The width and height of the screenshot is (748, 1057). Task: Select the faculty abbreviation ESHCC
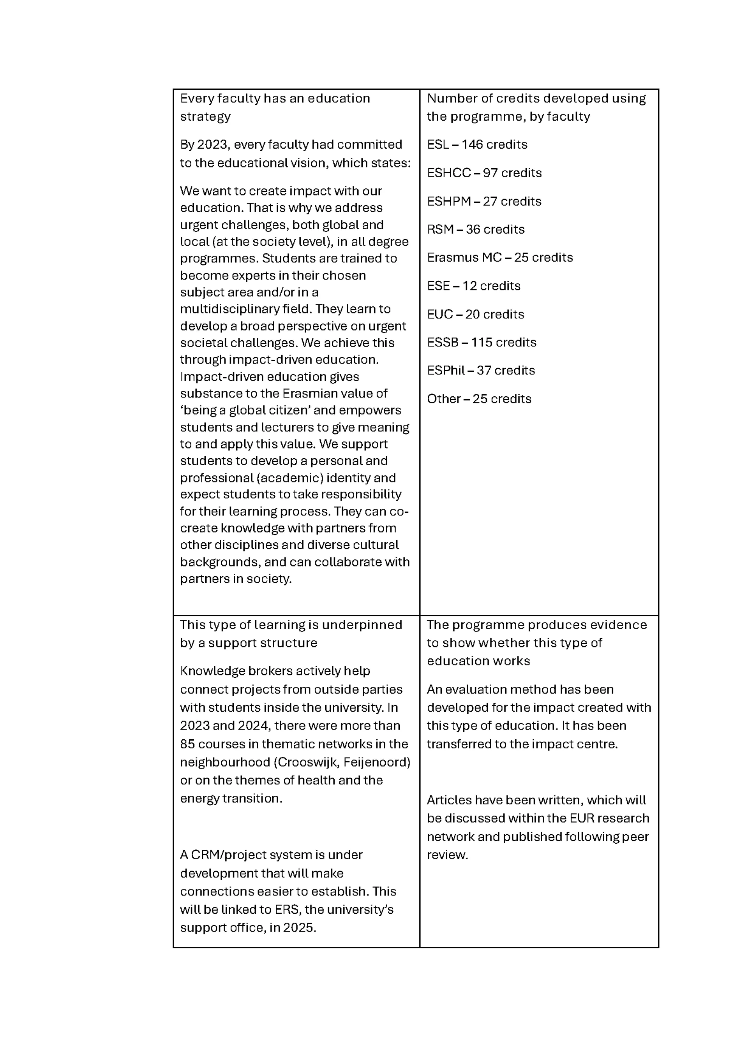click(x=449, y=173)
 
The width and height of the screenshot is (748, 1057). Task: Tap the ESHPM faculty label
click(x=449, y=202)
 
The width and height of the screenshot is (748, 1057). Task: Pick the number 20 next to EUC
click(x=473, y=315)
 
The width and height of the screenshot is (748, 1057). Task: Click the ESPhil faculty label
click(x=445, y=371)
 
